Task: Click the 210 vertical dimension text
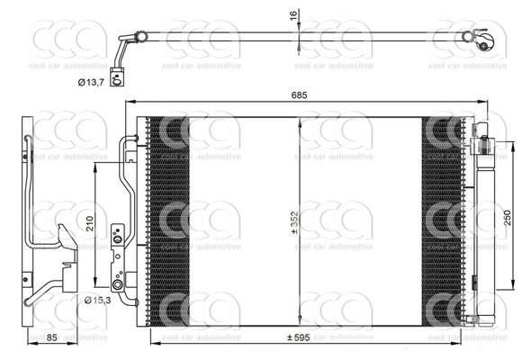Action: tap(90, 222)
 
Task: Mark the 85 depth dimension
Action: tap(52, 338)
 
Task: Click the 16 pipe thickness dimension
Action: tap(292, 15)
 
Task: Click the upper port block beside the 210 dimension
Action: tap(115, 237)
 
